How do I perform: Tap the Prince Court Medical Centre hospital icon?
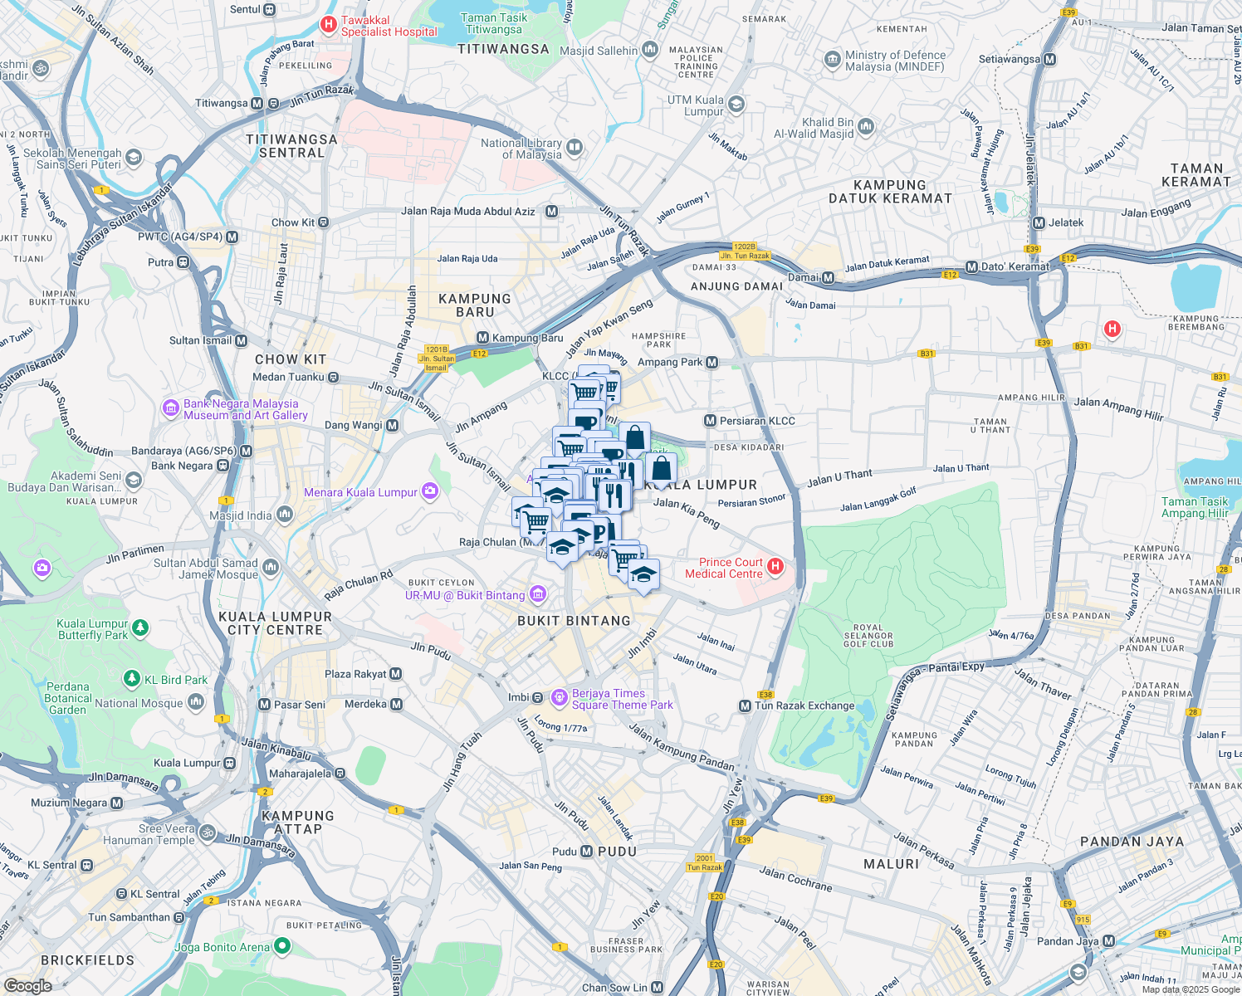775,567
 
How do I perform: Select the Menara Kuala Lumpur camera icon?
430,491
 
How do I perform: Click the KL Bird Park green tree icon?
131,679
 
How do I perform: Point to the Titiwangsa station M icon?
257,104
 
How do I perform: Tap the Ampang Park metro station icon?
711,363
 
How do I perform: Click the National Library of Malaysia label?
521,149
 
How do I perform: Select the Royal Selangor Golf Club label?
868,636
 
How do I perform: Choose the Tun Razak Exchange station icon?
745,705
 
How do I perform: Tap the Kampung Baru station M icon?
482,338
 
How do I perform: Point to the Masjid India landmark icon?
284,515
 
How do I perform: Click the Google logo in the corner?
27,986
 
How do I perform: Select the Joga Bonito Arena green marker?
282,945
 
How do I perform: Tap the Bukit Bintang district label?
574,621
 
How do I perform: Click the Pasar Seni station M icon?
264,705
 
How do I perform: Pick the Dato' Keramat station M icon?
971,267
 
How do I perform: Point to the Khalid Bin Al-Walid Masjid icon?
866,127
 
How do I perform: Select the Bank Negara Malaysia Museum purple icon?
171,408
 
